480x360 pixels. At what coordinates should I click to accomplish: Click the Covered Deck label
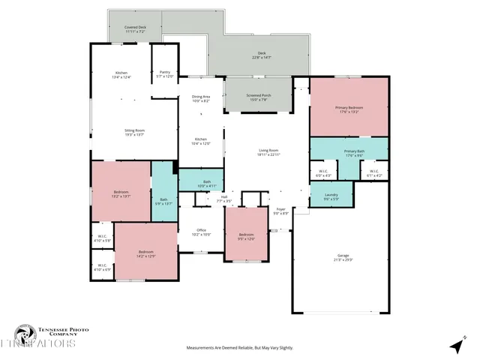(135, 29)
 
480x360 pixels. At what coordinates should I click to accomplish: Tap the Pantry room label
(165, 74)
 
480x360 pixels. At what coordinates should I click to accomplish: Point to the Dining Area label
(201, 98)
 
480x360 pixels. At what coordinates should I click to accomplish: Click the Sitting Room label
(134, 133)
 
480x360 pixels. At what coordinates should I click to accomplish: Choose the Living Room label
(268, 152)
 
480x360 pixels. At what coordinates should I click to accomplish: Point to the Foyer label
(280, 211)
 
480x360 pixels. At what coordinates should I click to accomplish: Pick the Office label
(201, 232)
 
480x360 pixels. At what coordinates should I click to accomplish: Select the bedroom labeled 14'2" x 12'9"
(145, 253)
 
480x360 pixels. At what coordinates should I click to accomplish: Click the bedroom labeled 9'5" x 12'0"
(246, 237)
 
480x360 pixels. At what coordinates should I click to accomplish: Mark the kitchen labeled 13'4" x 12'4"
(121, 75)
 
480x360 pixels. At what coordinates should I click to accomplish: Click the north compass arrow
(454, 346)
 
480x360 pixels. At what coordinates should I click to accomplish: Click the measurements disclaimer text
(239, 348)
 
